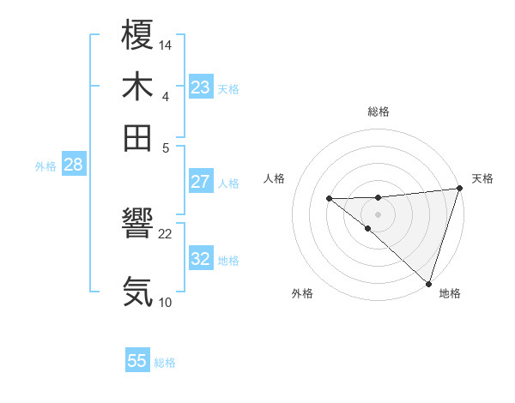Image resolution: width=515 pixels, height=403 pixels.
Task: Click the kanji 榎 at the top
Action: [x=137, y=37]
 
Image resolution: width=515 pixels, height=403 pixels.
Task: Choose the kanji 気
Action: [x=137, y=292]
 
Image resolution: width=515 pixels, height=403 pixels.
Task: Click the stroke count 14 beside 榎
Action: [x=166, y=45]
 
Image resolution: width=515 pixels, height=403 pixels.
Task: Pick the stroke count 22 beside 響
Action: [x=166, y=233]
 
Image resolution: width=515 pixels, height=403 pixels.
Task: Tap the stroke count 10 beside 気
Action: [x=166, y=301]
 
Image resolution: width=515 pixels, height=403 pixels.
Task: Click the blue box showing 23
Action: [x=200, y=87]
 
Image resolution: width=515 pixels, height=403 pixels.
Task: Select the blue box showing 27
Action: [x=200, y=182]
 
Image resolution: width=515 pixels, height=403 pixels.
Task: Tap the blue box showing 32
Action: [x=200, y=259]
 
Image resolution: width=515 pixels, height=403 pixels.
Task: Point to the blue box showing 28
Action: [x=73, y=165]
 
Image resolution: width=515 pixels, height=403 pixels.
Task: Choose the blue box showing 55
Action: [x=137, y=361]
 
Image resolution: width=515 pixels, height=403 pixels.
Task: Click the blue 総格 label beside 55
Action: [x=165, y=363]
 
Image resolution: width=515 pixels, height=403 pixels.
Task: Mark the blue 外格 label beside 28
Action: [x=45, y=166]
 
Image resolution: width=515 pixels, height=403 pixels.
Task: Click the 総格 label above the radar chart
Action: [x=378, y=111]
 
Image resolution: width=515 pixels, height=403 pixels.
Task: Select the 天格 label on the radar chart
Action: [x=482, y=178]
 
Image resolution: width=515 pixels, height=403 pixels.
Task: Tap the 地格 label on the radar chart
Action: [x=450, y=293]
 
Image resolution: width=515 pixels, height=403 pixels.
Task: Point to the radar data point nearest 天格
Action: [x=459, y=188]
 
